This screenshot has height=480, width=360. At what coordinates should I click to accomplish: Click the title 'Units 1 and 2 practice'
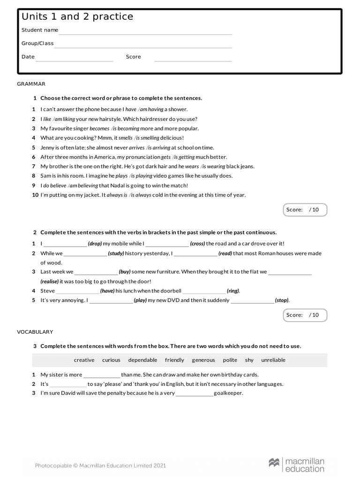pyautogui.click(x=77, y=17)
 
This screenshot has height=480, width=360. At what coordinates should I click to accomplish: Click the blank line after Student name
pyautogui.click(x=145, y=33)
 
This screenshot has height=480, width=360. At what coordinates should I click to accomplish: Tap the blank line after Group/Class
pyautogui.click(x=143, y=47)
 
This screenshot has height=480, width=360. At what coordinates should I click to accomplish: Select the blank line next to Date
pyautogui.click(x=75, y=60)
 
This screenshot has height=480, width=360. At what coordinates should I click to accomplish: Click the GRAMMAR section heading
pyautogui.click(x=31, y=84)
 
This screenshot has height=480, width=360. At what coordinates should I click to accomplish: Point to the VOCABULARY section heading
pyautogui.click(x=35, y=332)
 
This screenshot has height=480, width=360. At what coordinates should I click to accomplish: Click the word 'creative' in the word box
pyautogui.click(x=84, y=360)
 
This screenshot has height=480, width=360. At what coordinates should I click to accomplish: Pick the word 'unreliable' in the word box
pyautogui.click(x=273, y=360)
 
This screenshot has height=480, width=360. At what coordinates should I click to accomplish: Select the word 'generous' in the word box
pyautogui.click(x=203, y=360)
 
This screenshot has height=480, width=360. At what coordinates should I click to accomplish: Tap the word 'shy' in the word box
pyautogui.click(x=249, y=360)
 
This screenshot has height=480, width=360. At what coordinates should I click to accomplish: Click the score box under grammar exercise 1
pyautogui.click(x=305, y=210)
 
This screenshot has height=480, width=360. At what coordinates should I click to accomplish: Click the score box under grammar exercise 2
pyautogui.click(x=305, y=315)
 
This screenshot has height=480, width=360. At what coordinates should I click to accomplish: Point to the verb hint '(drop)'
pyautogui.click(x=95, y=244)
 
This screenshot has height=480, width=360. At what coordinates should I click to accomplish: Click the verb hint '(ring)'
pyautogui.click(x=233, y=291)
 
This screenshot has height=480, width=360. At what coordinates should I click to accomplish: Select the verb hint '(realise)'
pyautogui.click(x=49, y=281)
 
